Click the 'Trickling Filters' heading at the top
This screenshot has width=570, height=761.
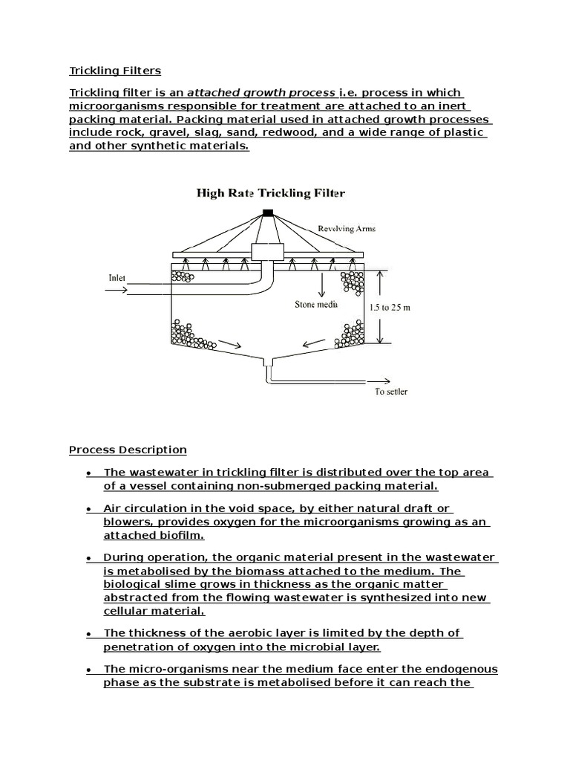(115, 71)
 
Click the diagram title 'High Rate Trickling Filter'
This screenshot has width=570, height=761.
(270, 193)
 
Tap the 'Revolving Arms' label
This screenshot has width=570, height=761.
(346, 229)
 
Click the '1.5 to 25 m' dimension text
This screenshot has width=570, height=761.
(390, 307)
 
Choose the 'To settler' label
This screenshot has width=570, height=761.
(390, 392)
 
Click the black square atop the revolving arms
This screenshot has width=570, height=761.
(268, 213)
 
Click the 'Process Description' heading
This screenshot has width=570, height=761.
(128, 450)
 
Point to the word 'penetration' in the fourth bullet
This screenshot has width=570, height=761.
(137, 646)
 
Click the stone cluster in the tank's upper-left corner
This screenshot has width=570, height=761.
(182, 277)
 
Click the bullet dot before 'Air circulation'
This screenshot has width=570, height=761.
(89, 509)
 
